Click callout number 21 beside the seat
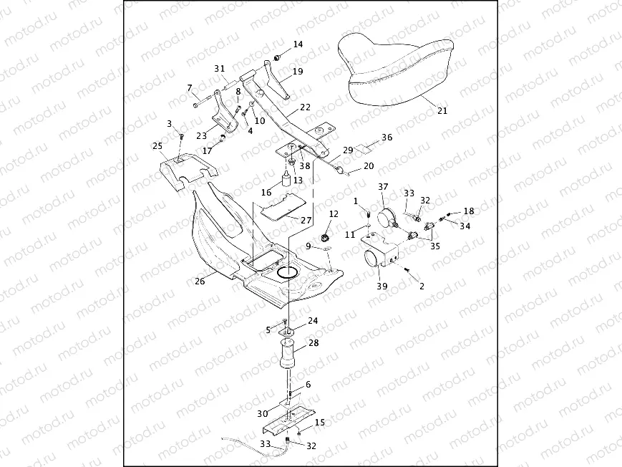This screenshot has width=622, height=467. click(x=442, y=111)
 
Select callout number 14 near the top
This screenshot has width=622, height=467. click(x=298, y=44)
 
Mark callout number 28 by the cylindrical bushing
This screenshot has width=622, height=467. click(x=313, y=344)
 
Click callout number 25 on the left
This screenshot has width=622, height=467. click(x=157, y=146)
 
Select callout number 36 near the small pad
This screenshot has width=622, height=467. click(x=387, y=137)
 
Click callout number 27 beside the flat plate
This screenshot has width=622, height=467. click(x=306, y=221)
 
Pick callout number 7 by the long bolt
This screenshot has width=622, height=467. click(x=190, y=88)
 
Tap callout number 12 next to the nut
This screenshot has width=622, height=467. click(x=334, y=214)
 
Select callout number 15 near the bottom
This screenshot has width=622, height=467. click(x=319, y=423)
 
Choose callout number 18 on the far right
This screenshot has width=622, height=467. click(x=468, y=211)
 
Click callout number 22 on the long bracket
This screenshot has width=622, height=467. click(x=305, y=107)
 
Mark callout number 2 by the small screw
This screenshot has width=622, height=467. click(x=422, y=286)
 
